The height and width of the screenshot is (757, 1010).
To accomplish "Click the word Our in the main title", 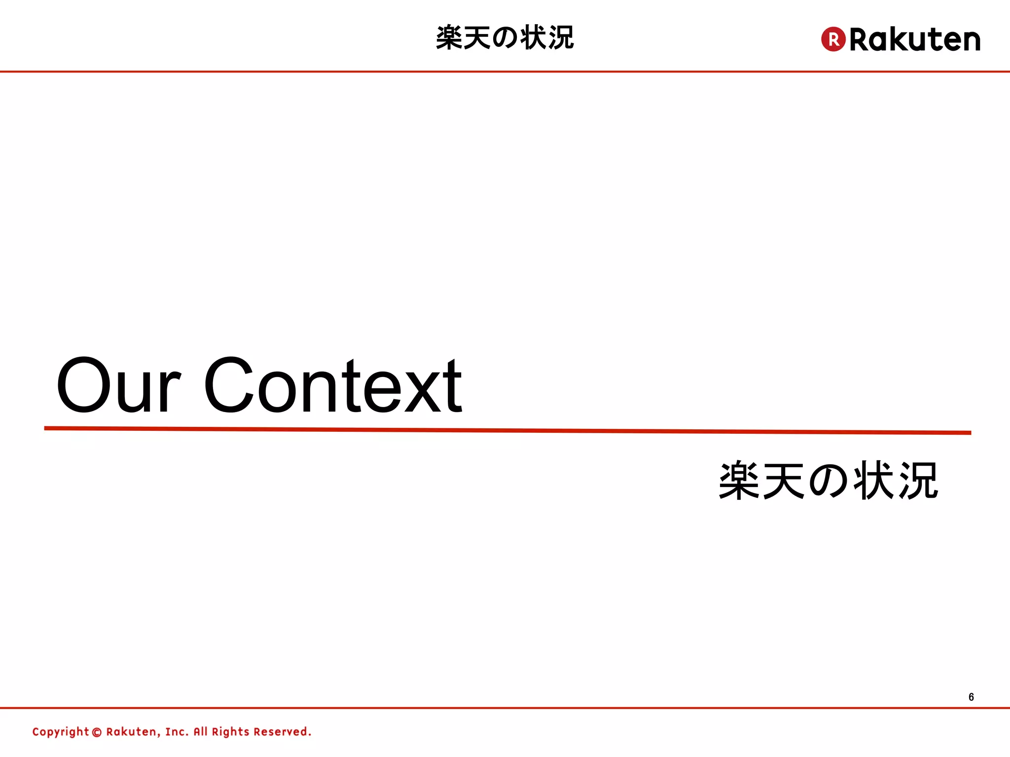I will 118,385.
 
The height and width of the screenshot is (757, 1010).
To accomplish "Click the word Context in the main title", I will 333,385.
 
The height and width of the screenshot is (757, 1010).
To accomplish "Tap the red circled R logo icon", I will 833,39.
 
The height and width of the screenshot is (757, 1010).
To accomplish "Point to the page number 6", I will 971,697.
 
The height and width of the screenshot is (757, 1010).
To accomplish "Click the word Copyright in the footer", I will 60,732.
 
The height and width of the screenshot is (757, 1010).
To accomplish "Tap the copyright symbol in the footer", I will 97,732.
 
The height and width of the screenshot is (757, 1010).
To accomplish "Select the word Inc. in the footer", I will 177,732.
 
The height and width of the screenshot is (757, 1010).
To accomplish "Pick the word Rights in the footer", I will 230,732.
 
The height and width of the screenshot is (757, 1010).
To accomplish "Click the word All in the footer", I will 200,732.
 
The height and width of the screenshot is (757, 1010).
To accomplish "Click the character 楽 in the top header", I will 449,38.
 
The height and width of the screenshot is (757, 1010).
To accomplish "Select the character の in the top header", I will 505,38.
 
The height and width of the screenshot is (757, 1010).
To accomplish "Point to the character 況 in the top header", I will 561,38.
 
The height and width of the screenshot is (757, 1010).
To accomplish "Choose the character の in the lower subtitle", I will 829,481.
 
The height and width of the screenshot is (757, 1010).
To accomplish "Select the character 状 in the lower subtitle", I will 873,481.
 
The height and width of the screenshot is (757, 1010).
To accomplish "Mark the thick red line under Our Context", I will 507,431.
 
